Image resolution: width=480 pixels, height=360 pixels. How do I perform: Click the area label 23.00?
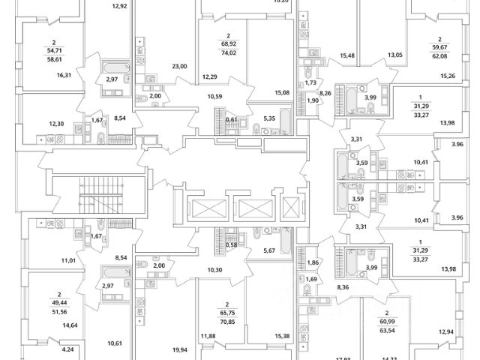179,67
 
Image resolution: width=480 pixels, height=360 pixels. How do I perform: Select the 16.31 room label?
64,75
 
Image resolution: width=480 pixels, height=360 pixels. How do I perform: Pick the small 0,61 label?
233,118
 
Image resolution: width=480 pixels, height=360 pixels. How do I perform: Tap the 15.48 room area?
347,55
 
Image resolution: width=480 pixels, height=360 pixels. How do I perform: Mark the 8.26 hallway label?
325,93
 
